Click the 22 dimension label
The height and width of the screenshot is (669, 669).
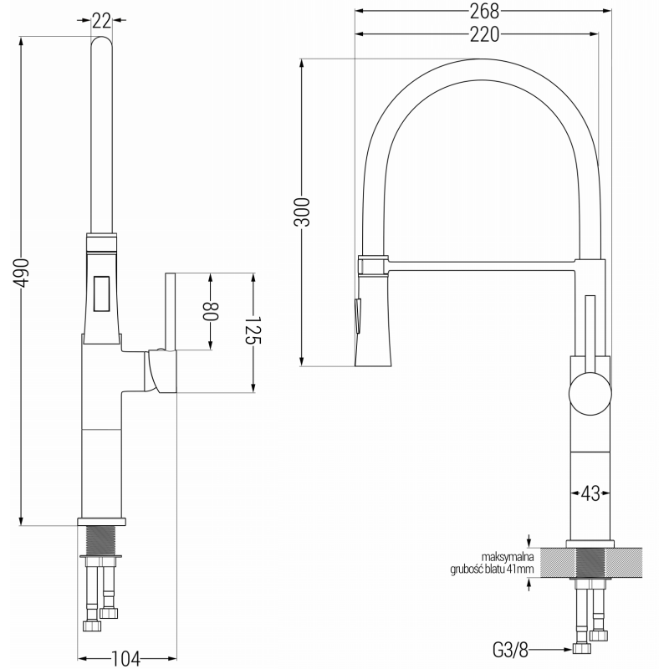pyautogui.click(x=100, y=18)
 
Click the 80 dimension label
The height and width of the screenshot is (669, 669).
pyautogui.click(x=211, y=310)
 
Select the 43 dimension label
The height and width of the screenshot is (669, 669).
pyautogui.click(x=590, y=493)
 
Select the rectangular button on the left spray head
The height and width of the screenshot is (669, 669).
pyautogui.click(x=101, y=293)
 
